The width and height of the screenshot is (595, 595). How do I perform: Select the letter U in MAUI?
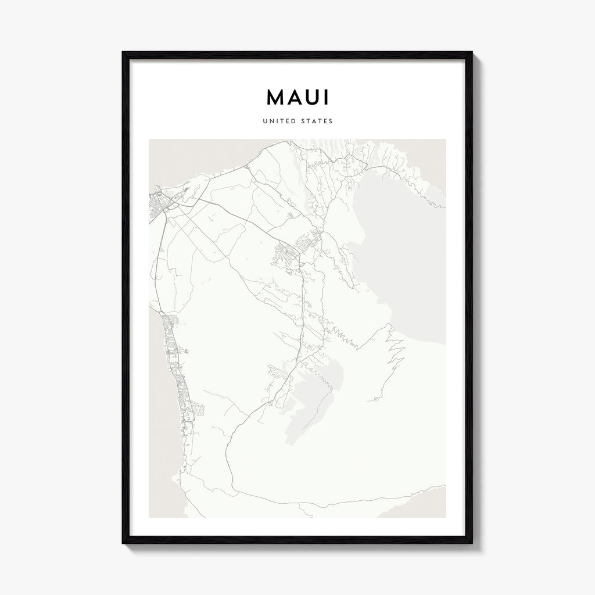tap(311, 98)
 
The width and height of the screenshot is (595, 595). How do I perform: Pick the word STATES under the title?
tap(317, 121)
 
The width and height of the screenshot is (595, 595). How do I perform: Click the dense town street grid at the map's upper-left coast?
tap(158, 205)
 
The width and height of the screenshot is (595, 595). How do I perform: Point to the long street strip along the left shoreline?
tap(174, 372)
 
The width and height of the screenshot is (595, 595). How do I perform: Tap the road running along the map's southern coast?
tap(325, 503)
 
